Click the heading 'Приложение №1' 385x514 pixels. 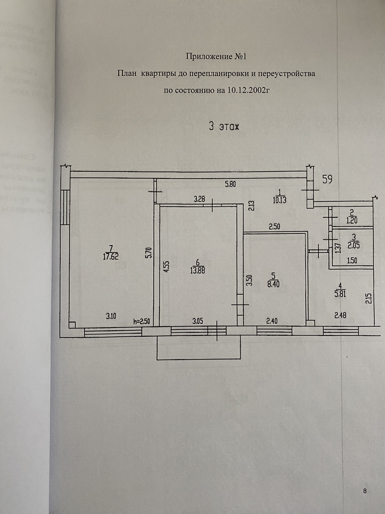216,56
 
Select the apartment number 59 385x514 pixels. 327,179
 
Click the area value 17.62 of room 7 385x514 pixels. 111,256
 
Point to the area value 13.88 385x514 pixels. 198,270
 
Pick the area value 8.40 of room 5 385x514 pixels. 273,284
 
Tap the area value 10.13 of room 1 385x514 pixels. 279,201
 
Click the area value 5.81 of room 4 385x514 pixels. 340,294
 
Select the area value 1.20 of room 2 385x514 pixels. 352,221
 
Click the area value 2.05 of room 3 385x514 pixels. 354,245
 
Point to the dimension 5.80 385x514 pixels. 230,184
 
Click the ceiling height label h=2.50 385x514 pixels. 141,322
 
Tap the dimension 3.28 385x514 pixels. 199,199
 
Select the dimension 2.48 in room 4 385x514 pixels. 340,315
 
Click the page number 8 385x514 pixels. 365,491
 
